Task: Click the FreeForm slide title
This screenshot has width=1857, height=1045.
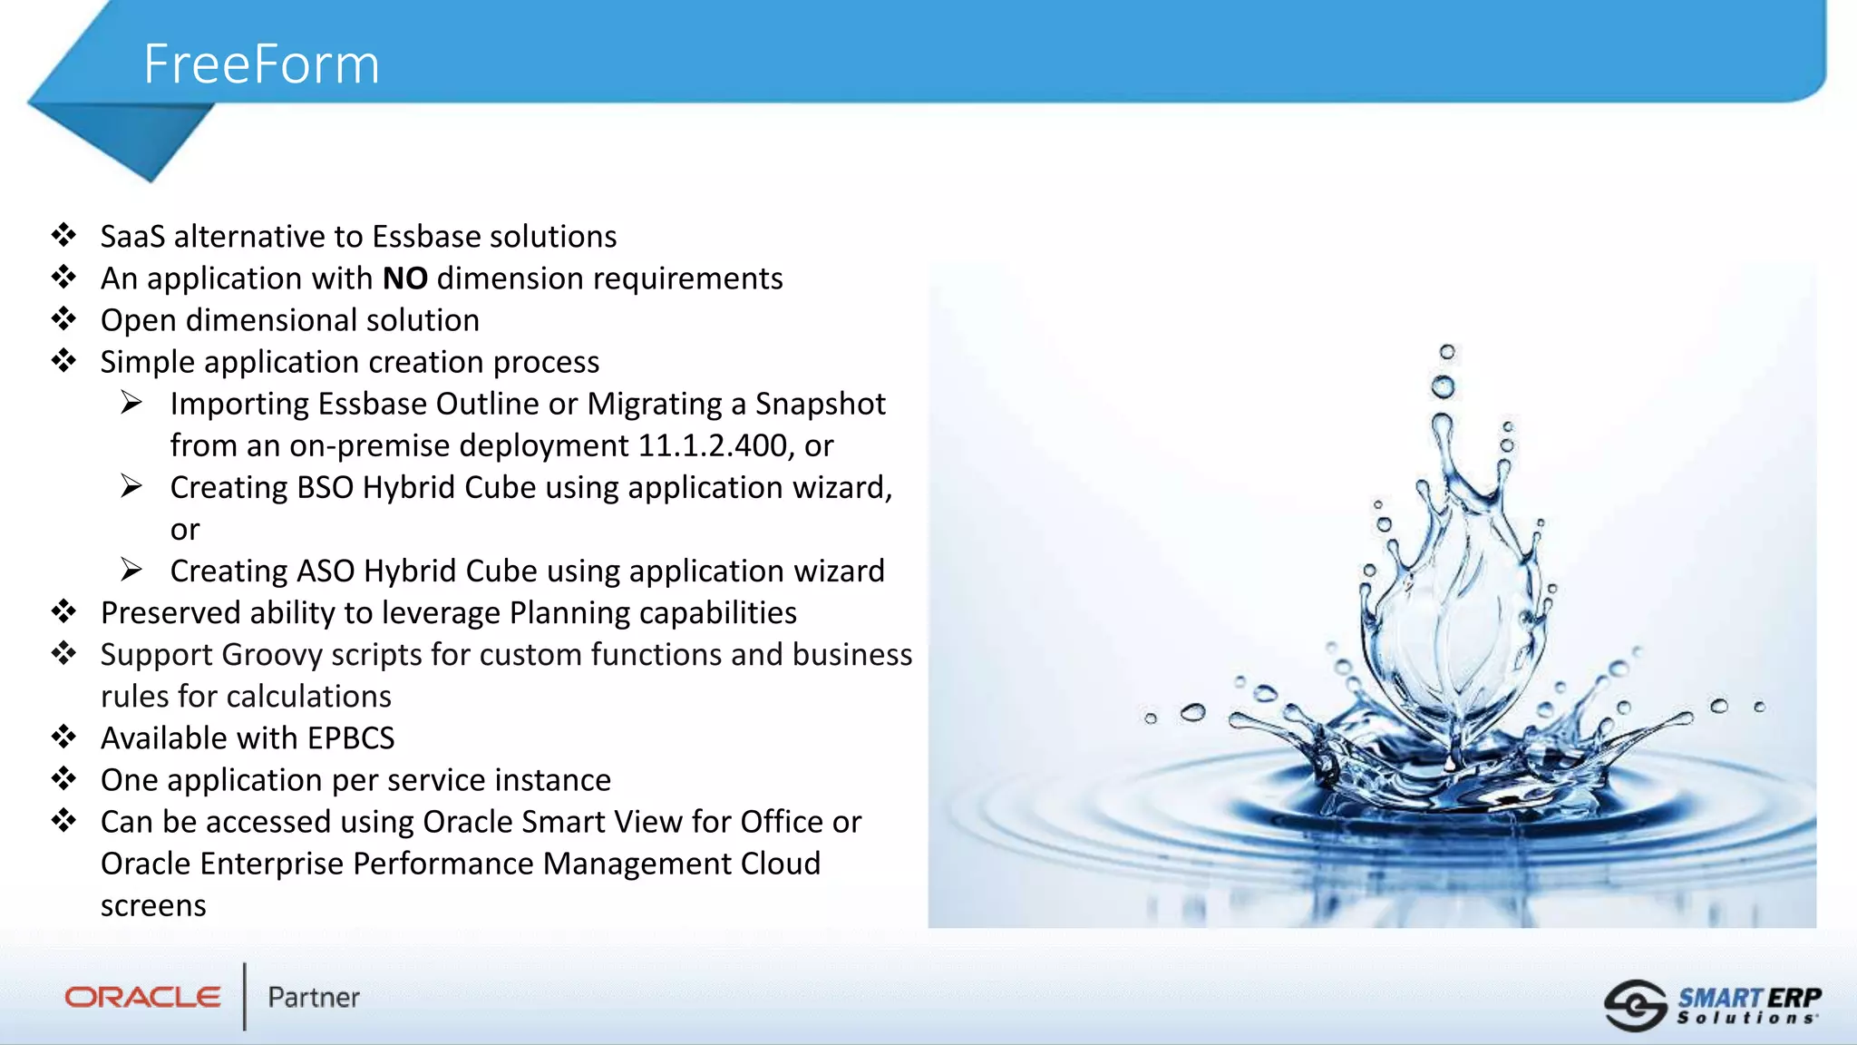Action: coord(261,64)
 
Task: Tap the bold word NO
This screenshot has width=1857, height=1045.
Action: coord(404,278)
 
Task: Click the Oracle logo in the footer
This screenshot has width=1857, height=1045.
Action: coord(142,997)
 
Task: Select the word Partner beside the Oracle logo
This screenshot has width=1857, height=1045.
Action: coord(314,998)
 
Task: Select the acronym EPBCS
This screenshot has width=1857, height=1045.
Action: coord(350,738)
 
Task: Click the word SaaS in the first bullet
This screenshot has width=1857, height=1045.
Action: coord(132,237)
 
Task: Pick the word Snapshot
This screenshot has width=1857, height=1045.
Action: coord(820,404)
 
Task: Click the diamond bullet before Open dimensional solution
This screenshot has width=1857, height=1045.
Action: coord(63,319)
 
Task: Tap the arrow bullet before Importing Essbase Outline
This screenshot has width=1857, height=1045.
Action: coord(131,402)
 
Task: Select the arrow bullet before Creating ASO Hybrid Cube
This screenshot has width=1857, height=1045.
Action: coord(131,570)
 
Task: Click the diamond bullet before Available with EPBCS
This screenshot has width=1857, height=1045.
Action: coord(63,737)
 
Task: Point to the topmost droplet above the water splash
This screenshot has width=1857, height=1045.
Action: coord(1447,352)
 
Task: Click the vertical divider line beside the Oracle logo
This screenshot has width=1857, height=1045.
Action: coord(245,996)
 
